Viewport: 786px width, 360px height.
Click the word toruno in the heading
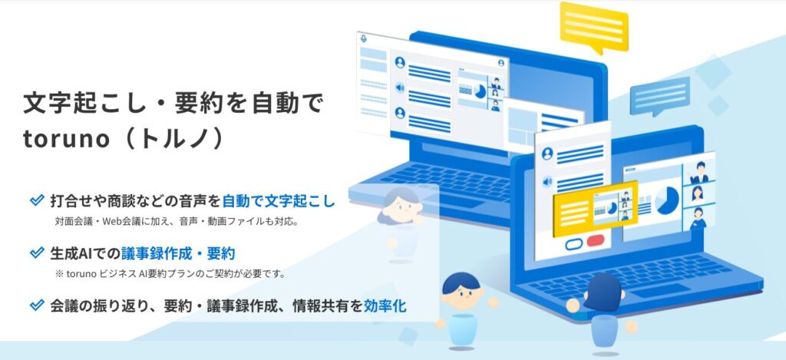click(x=66, y=139)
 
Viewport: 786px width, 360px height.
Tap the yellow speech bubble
click(x=594, y=27)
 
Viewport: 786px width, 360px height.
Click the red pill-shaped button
click(x=596, y=241)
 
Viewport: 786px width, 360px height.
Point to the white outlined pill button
click(x=574, y=244)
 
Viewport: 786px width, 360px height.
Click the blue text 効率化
click(x=385, y=306)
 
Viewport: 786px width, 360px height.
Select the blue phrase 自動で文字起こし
click(x=278, y=202)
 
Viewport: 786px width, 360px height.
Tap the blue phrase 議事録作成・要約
click(x=178, y=253)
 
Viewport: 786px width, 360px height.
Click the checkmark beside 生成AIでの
click(x=37, y=253)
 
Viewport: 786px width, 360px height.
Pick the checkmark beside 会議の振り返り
click(x=37, y=305)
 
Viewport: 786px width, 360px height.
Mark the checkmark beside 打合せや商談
click(x=37, y=200)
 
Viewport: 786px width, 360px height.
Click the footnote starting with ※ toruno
click(x=170, y=275)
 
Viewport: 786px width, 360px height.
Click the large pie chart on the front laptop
click(x=667, y=200)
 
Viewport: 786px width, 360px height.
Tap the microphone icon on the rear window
click(x=363, y=38)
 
